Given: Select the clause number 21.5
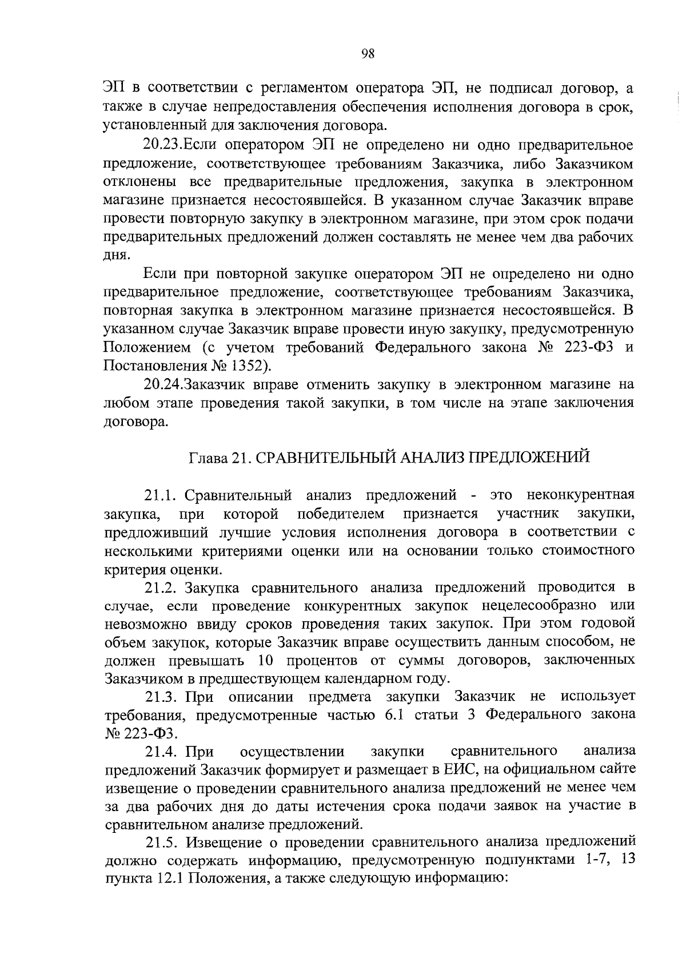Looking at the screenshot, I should pyautogui.click(x=164, y=842).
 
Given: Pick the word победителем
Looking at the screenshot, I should pyautogui.click(x=341, y=514).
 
